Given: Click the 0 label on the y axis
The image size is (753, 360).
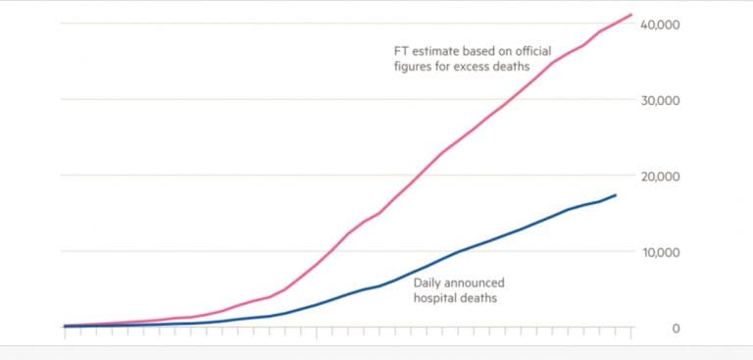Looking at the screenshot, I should [676, 328].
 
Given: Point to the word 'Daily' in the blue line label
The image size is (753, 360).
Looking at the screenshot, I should [429, 282].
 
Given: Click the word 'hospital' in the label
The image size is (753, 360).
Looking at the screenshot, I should [436, 297].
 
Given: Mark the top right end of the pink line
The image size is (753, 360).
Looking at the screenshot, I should [631, 15].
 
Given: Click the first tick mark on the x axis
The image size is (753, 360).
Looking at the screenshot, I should [65, 333].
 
